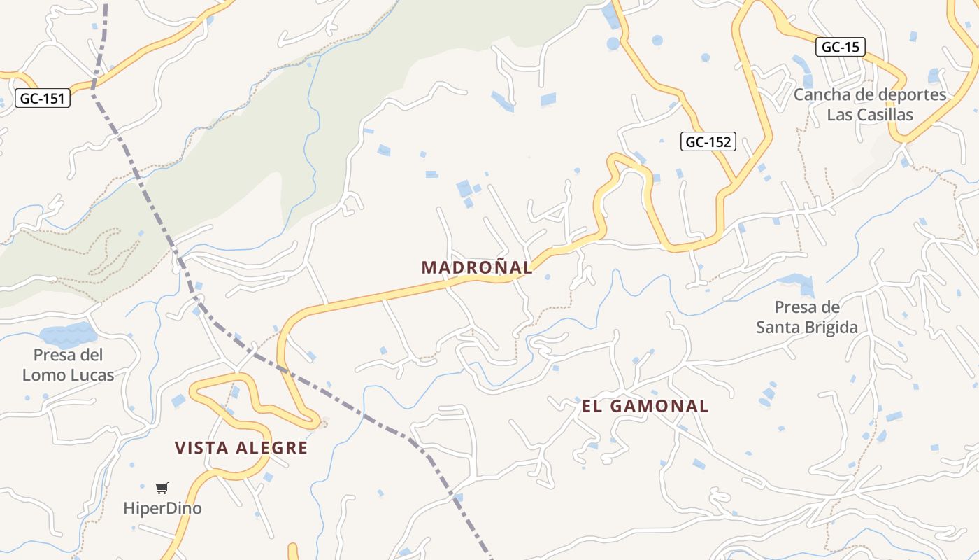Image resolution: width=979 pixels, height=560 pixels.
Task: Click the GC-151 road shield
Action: coord(43,99)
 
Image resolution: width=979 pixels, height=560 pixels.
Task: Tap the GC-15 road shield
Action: coord(840,47)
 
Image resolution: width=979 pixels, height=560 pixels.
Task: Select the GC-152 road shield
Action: coord(708,142)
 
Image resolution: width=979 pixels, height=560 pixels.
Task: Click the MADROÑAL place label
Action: coord(477,267)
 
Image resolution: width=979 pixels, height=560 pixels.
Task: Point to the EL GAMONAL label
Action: coord(645,406)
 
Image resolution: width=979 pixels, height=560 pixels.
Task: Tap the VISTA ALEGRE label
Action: coord(241,448)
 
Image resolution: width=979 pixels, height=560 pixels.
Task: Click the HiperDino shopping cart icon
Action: coord(162,488)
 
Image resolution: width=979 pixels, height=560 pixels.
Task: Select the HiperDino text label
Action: coord(162,508)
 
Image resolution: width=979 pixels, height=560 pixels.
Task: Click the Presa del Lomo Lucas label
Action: coord(68,365)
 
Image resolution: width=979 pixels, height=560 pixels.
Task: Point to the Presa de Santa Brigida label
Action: coord(806,317)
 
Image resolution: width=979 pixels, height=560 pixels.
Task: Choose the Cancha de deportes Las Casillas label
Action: coord(870,104)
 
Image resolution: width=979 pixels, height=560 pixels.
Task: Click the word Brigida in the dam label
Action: coord(831,328)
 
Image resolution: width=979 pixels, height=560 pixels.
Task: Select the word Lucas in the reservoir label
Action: coord(93,375)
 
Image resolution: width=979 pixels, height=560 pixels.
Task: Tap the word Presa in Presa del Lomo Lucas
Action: coord(55,355)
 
